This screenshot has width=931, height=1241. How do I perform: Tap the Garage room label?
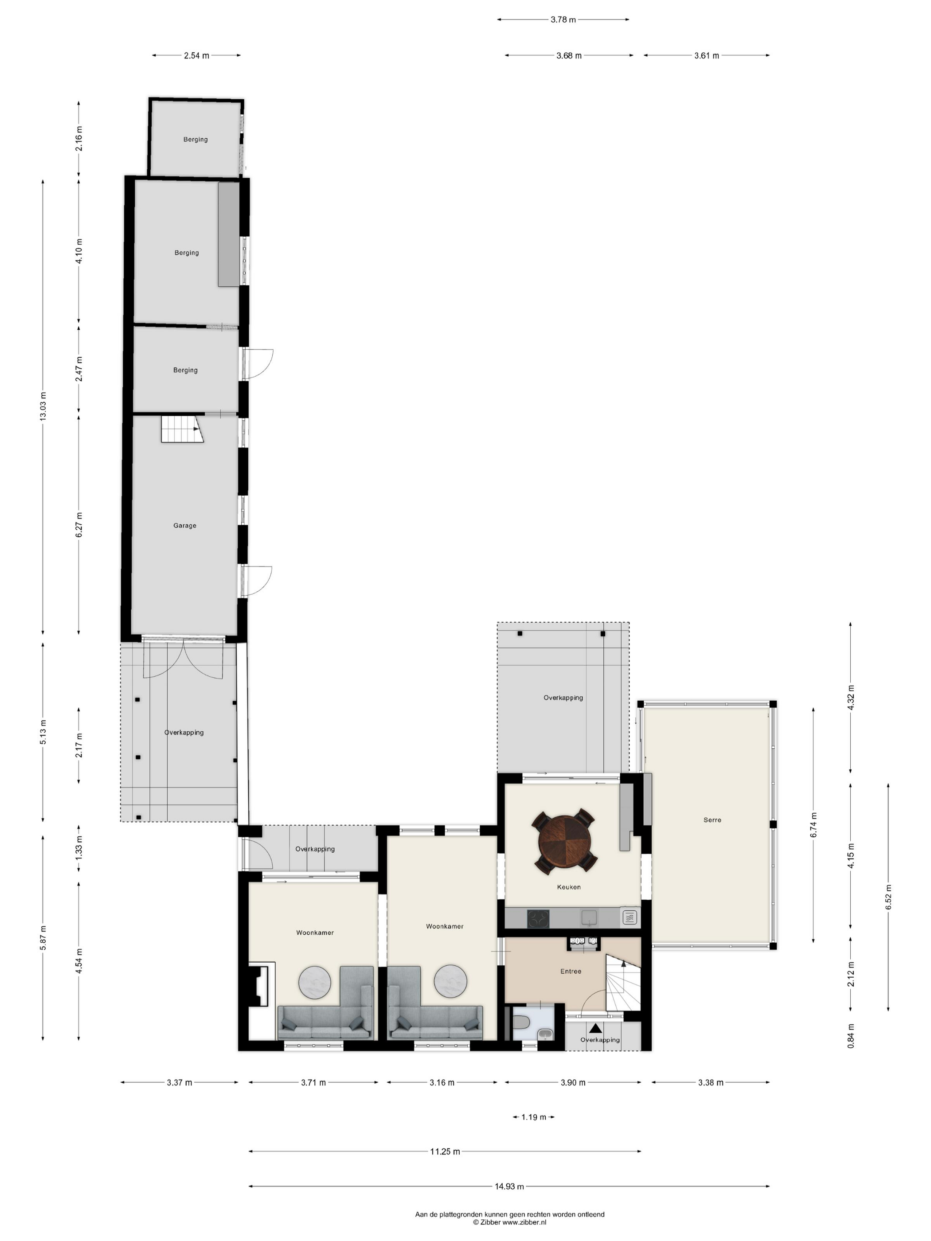tap(184, 526)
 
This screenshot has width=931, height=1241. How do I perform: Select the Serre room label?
tap(712, 820)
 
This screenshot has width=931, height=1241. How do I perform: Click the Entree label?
tap(571, 971)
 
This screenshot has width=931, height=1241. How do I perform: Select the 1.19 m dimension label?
tap(533, 1117)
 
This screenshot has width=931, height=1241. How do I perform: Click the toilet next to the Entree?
tap(519, 1024)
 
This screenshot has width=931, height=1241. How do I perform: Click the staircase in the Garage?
tap(182, 429)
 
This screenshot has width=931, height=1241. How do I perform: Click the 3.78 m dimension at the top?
tap(563, 20)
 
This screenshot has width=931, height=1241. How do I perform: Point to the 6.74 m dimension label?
tap(813, 825)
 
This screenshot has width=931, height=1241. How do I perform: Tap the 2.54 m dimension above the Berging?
tap(196, 55)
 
